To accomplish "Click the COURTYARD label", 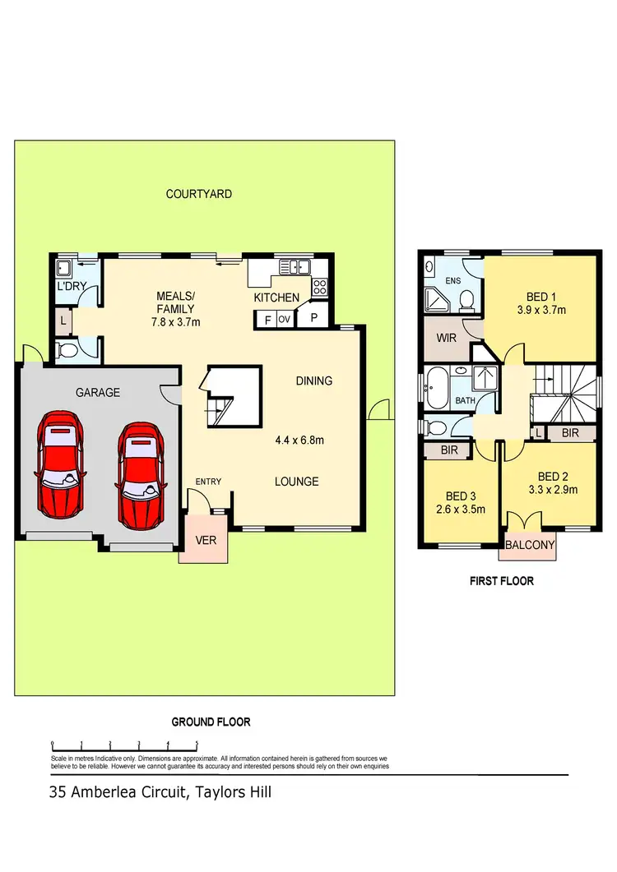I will coord(198,194).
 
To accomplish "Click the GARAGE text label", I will coord(98,393).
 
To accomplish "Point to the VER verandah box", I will coord(204,540).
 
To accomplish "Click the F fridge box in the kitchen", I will coord(267,320).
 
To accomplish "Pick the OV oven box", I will coord(285,319).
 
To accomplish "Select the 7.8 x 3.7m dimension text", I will coord(176,321).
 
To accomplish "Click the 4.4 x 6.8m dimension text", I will coord(299,440).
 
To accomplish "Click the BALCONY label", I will coord(529,544).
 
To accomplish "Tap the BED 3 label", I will coord(460,496).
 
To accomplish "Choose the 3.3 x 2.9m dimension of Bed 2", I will coord(552,490).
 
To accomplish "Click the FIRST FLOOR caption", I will coord(501,581).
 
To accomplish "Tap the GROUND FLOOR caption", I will coord(211,722).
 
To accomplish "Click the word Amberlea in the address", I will coord(108,793).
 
